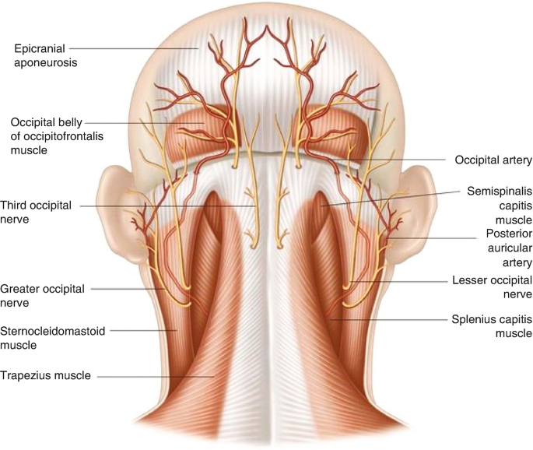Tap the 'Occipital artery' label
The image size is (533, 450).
(x=493, y=160)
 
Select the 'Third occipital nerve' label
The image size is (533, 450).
(x=37, y=212)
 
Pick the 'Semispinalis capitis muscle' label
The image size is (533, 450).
(x=498, y=204)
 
